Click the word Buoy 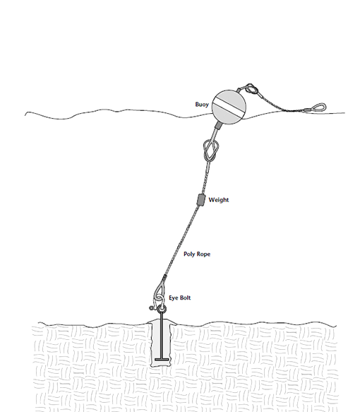[202, 105]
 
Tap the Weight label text [219, 200]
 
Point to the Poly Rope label [197, 254]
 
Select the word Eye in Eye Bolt [173, 298]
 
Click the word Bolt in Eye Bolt [185, 298]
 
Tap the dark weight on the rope [200, 200]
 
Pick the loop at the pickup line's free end [320, 107]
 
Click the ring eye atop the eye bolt [162, 309]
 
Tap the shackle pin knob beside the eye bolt [151, 307]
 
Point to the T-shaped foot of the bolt [162, 359]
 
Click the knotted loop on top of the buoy [251, 89]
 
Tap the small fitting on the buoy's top [240, 90]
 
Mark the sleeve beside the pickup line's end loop [308, 110]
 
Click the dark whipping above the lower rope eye [164, 277]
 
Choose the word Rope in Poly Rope [203, 254]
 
